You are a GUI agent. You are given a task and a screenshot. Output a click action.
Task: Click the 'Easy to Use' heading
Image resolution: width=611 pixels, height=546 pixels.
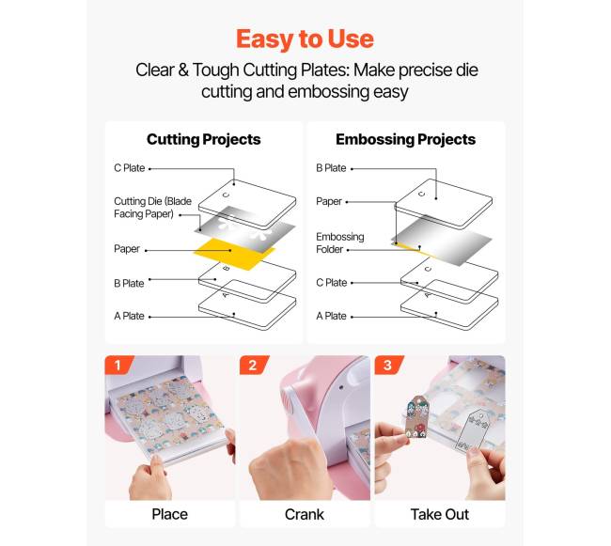pos(305,39)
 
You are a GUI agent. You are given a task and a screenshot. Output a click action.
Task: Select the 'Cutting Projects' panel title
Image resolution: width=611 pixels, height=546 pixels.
pos(203,139)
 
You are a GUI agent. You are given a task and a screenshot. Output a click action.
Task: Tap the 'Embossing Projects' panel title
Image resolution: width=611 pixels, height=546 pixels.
pos(406,139)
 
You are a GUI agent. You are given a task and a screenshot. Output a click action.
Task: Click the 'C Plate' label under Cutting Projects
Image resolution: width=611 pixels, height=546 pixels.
pos(130,168)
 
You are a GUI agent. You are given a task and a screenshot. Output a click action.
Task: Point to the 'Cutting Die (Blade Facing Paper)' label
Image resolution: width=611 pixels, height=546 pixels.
pos(152,208)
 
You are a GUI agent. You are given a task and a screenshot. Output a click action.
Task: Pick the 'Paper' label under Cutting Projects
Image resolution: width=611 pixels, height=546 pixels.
pos(127,249)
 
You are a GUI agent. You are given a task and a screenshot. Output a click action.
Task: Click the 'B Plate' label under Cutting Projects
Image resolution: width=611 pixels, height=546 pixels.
pos(129,283)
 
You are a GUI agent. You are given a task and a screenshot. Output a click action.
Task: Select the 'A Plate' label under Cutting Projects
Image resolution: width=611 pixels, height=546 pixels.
pos(129,316)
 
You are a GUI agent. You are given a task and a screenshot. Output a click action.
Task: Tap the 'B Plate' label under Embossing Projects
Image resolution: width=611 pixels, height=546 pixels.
pos(331,168)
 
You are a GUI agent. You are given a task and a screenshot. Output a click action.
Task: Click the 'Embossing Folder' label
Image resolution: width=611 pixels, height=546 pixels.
pos(339,243)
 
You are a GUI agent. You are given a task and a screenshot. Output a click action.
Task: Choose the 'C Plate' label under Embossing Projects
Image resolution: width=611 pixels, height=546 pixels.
pos(331,283)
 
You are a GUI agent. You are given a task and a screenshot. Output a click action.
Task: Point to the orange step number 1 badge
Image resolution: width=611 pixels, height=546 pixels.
pos(118,365)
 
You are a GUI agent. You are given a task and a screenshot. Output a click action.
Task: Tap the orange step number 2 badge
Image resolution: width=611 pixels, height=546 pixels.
pos(254,365)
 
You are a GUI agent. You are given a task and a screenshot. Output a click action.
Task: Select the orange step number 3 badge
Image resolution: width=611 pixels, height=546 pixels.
pos(388,365)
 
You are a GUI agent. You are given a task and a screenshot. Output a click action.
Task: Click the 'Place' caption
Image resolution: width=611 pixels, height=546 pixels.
pos(169,514)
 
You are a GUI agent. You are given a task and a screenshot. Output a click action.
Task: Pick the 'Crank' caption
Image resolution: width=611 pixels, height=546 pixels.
pos(305,514)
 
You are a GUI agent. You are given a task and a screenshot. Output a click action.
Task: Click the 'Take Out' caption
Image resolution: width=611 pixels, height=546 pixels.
pos(440,514)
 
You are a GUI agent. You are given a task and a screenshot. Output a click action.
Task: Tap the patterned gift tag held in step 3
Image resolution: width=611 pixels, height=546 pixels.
pos(416,416)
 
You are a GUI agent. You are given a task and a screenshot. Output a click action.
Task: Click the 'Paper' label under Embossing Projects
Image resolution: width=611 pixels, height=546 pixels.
pos(329,201)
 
